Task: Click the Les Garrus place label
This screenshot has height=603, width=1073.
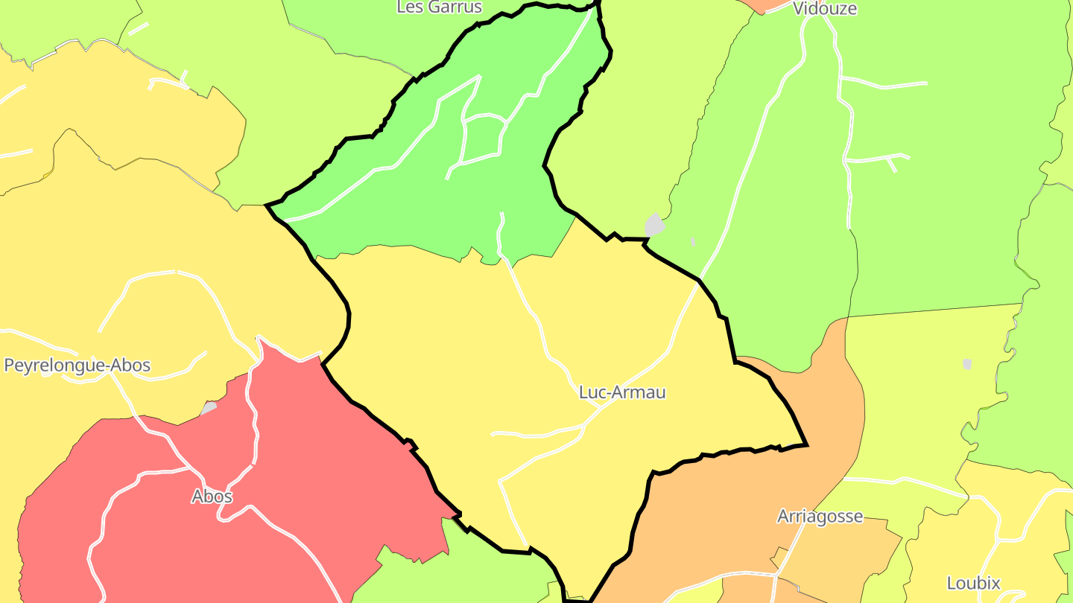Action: tap(439, 7)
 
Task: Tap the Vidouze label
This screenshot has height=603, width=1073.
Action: tap(825, 9)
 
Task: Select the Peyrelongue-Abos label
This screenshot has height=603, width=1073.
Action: tap(77, 366)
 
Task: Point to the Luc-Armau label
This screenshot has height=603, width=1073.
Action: tap(622, 392)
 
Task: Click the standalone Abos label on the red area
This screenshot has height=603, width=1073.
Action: tap(212, 497)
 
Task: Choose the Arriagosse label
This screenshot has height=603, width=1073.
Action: tap(820, 517)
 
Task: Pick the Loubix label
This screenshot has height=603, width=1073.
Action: tap(973, 583)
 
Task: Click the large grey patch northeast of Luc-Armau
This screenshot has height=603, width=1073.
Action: tap(654, 225)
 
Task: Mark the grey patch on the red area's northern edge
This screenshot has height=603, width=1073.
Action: tap(209, 408)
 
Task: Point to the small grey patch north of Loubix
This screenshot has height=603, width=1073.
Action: tap(967, 364)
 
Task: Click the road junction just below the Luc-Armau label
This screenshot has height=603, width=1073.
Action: tap(585, 427)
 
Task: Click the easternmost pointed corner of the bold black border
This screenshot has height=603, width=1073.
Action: tap(807, 445)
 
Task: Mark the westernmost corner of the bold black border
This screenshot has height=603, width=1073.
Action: tap(267, 204)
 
